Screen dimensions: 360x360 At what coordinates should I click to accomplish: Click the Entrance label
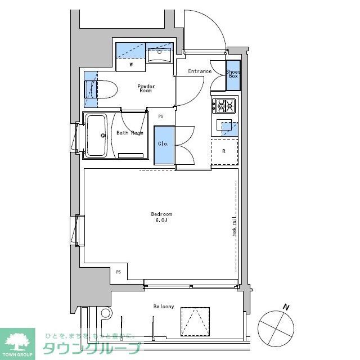(x=200, y=71)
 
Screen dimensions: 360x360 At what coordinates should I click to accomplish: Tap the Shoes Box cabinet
(x=233, y=75)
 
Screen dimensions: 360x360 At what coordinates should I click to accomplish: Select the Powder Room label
(x=146, y=88)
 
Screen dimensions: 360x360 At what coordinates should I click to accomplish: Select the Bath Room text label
(x=129, y=133)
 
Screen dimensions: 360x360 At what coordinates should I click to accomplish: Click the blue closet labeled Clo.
(x=164, y=145)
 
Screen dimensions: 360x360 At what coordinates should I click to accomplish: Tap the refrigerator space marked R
(x=224, y=151)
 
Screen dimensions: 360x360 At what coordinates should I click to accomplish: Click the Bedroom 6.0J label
(x=161, y=217)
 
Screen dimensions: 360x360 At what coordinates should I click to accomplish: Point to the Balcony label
(x=164, y=307)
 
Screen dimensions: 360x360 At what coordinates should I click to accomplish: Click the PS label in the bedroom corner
(x=118, y=272)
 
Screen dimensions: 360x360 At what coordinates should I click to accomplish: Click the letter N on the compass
(x=286, y=307)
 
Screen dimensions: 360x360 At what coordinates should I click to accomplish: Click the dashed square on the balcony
(x=195, y=322)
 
